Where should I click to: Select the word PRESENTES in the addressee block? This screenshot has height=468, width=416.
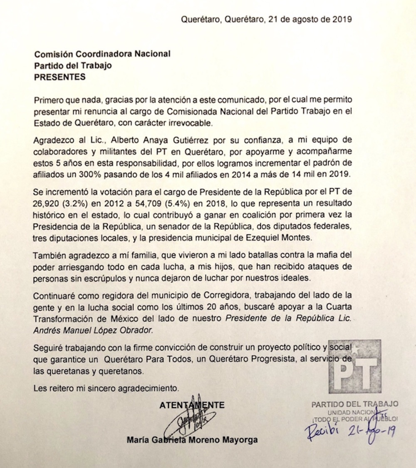point(59,77)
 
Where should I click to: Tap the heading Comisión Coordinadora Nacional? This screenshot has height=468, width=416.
point(102,54)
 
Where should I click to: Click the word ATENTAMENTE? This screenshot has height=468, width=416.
point(192,405)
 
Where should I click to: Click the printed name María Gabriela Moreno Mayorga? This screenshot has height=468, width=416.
point(193,440)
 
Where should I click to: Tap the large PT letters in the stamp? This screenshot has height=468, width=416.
point(359,368)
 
